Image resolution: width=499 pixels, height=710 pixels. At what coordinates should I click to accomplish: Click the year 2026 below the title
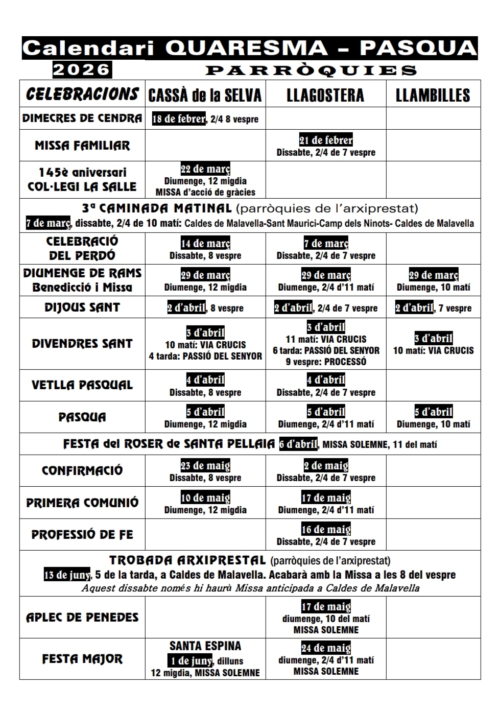[82, 69]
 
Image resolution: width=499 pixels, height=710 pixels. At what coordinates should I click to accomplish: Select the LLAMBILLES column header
[433, 95]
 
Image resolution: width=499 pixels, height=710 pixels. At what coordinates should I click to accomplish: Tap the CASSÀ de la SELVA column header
[205, 95]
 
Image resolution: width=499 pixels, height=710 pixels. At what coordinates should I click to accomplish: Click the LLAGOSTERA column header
[325, 95]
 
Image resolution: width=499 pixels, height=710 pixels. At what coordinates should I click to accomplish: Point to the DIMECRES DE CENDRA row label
[82, 119]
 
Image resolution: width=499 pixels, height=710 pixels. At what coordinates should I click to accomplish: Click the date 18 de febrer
[179, 119]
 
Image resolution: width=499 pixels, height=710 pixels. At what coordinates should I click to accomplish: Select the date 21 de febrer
[326, 140]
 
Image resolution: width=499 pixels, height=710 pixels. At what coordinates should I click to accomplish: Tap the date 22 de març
[205, 169]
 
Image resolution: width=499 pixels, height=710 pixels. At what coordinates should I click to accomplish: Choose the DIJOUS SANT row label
[82, 307]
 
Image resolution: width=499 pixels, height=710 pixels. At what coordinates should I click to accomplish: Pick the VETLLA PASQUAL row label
[82, 385]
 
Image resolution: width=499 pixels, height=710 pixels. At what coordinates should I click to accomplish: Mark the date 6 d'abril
[298, 444]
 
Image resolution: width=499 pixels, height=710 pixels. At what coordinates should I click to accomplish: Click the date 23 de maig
[205, 466]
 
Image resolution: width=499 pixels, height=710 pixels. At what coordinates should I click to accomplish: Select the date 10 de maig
[205, 498]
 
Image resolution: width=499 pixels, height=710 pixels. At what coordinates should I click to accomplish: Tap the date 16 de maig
[326, 529]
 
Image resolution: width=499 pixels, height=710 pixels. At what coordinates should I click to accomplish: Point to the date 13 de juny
[66, 575]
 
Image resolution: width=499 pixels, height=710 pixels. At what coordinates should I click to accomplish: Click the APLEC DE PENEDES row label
[82, 617]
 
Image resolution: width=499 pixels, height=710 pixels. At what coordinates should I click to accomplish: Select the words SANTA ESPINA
[205, 646]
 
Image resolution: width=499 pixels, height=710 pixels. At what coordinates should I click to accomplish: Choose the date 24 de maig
[326, 648]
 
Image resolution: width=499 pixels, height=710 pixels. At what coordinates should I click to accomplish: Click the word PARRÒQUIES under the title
[311, 70]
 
